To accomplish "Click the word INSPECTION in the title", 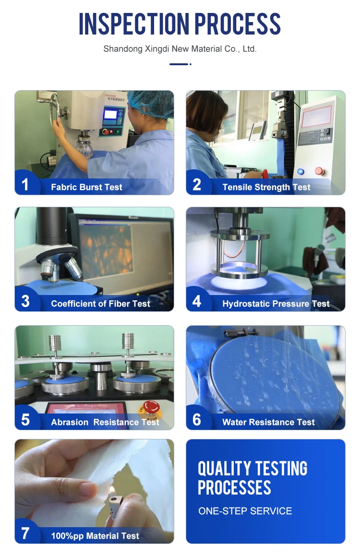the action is [x=134, y=24].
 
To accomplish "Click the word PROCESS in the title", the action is [x=238, y=24].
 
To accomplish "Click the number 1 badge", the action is [x=25, y=184].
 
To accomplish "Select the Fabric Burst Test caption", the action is [x=86, y=187].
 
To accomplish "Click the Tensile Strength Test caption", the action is [x=266, y=187].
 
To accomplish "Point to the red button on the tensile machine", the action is [x=319, y=171].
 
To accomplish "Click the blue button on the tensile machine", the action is [x=300, y=172].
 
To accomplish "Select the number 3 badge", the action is [x=25, y=301].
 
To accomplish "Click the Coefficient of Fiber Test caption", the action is [x=100, y=304].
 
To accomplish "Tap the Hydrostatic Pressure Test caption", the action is [x=276, y=304].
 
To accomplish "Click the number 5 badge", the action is [x=25, y=420].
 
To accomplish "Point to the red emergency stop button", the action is [x=151, y=407].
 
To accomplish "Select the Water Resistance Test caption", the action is [x=268, y=422].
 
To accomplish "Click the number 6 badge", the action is [x=197, y=420].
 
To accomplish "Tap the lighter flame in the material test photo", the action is [x=112, y=491].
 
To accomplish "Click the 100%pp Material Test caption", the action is [x=95, y=536].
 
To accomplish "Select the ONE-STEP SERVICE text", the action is [x=245, y=511].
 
